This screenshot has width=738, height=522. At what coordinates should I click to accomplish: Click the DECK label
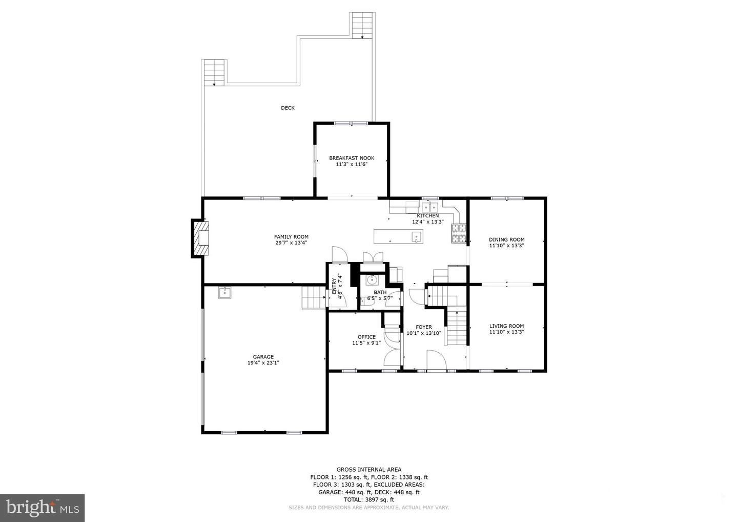pos(288,108)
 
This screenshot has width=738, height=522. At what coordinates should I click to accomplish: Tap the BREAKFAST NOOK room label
pos(352,158)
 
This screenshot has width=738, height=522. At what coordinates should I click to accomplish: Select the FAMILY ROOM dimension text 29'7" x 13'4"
pos(291,243)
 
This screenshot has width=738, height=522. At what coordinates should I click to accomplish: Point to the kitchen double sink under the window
pos(430,207)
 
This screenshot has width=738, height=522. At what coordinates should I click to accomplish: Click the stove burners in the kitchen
pos(459,234)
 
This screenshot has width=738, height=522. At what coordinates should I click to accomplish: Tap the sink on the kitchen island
pos(417,236)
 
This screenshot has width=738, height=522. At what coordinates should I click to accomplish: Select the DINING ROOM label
pos(507,239)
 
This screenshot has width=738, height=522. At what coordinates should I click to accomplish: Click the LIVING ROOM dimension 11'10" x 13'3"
pos(507,332)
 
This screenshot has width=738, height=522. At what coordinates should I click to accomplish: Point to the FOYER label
pos(424,327)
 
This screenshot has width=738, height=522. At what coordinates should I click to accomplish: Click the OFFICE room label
pos(367,337)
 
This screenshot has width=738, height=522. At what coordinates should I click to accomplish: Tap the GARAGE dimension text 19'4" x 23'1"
pos(263,363)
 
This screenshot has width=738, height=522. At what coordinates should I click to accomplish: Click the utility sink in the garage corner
pos(224,293)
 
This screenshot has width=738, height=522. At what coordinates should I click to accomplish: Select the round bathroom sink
pos(372,280)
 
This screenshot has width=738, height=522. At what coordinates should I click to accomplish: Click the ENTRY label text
pos(334,287)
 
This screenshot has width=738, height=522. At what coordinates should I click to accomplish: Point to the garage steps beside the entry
pos(314,298)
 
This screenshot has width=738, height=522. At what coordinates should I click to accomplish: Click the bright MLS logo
pos(42,508)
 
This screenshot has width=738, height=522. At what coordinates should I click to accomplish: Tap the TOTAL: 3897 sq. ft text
pos(369,499)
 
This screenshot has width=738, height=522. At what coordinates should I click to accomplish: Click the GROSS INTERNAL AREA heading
pos(369,470)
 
